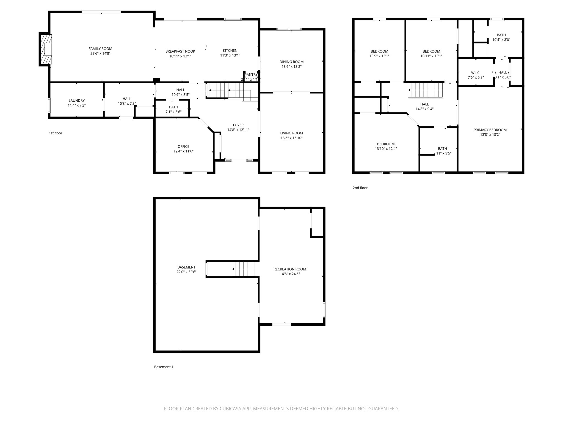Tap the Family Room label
click(x=100, y=49)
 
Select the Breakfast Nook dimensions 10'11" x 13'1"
click(x=180, y=56)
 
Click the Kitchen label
click(x=230, y=50)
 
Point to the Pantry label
click(x=251, y=75)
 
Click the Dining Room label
click(x=291, y=62)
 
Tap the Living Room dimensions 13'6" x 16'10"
click(x=291, y=138)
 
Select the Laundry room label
click(x=77, y=101)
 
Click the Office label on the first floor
click(x=183, y=147)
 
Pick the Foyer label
click(x=238, y=125)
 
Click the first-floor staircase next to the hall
click(x=228, y=90)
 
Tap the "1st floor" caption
click(x=56, y=133)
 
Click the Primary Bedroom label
click(x=490, y=130)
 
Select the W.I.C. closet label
click(x=476, y=73)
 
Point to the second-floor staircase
click(x=426, y=90)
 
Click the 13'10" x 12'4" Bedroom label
click(x=386, y=144)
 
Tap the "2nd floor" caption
click(x=360, y=188)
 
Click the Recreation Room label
click(x=290, y=269)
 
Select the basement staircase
click(x=243, y=269)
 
